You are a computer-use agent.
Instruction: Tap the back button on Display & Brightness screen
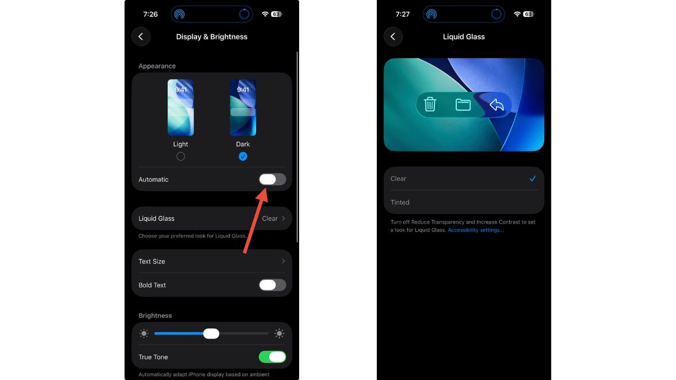141,37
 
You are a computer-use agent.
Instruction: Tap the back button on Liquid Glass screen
393,37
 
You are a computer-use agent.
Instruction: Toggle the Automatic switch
272,180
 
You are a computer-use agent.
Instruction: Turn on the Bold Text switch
272,285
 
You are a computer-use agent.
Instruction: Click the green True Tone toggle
272,357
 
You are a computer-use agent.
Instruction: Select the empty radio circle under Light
180,157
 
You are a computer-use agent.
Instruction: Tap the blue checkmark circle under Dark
243,157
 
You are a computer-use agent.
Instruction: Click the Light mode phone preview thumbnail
180,108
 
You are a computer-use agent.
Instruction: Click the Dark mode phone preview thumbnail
243,108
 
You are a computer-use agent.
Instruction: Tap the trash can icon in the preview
430,104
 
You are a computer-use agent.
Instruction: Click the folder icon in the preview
463,105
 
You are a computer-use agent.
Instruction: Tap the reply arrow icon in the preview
496,105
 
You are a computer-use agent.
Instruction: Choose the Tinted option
400,202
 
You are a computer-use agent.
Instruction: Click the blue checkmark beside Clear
532,178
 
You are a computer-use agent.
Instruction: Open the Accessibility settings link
475,230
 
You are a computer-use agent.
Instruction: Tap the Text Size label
152,261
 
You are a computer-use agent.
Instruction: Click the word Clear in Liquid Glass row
270,218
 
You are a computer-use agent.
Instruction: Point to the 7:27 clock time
403,14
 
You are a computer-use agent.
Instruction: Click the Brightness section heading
155,315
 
